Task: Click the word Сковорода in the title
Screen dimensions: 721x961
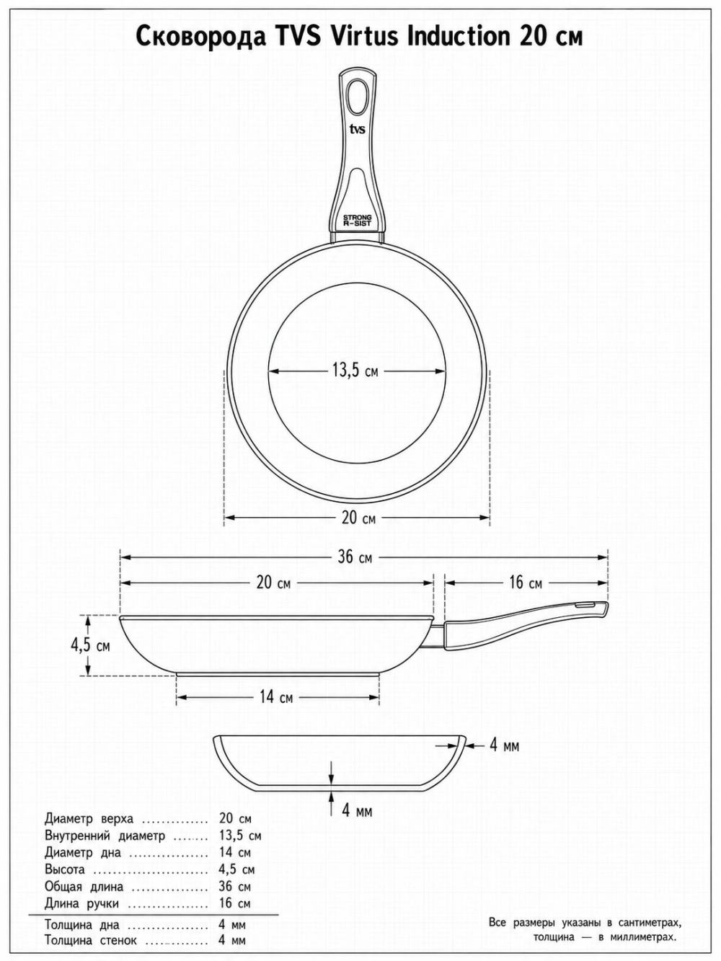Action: (x=200, y=37)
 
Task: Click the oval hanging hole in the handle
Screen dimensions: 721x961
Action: (x=357, y=96)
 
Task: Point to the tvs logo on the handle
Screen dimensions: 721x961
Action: (x=357, y=129)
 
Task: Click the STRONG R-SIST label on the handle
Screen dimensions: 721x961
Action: (x=357, y=220)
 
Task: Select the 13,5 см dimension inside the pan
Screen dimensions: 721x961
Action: (x=355, y=371)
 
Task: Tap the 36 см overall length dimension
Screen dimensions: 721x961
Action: (x=355, y=557)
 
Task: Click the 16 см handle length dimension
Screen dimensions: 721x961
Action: (x=526, y=583)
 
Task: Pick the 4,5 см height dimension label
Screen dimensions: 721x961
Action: (x=91, y=646)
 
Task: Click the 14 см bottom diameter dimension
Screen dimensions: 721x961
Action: (x=276, y=697)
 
